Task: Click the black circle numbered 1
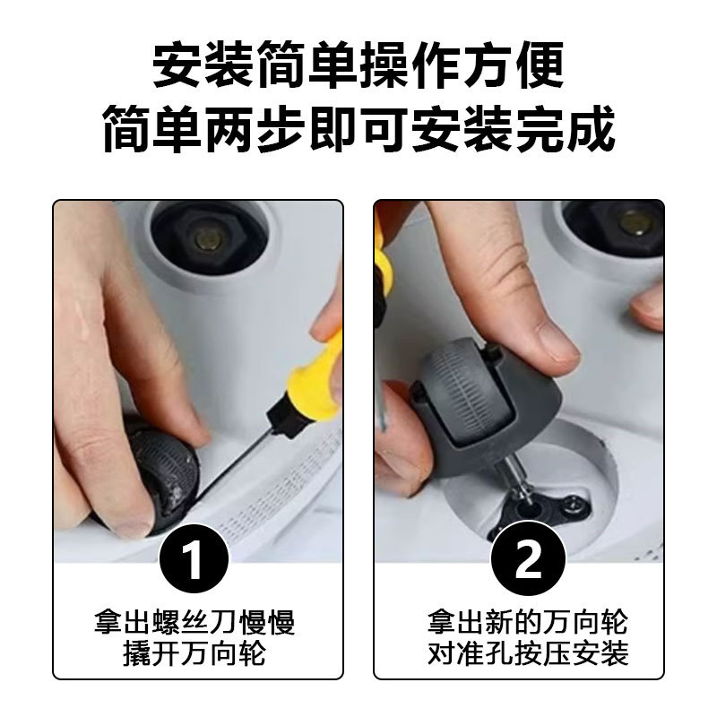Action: (x=194, y=558)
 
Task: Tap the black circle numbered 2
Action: (x=528, y=558)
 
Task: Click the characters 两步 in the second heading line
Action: (x=255, y=128)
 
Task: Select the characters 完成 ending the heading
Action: (x=566, y=128)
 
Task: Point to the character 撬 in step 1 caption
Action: (x=137, y=654)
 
